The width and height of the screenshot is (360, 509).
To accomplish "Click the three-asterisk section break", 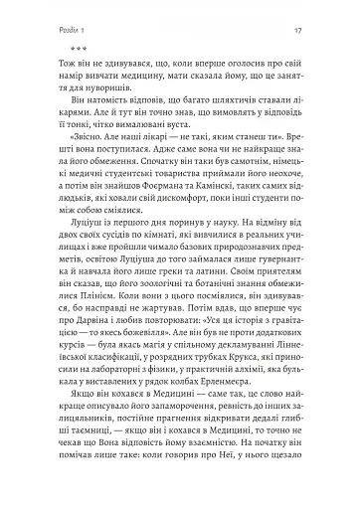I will pos(52,47).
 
